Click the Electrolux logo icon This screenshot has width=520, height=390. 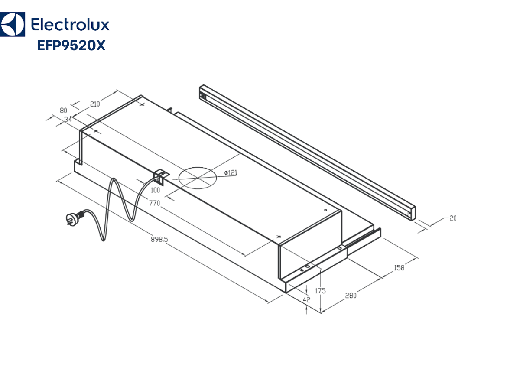[x=12, y=25]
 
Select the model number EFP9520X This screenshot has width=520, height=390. [x=71, y=45]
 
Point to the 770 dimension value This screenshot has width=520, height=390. [x=155, y=203]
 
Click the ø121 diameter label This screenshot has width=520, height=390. [x=231, y=173]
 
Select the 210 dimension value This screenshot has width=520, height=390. [x=95, y=104]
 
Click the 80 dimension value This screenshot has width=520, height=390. [x=64, y=110]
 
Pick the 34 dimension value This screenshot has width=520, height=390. [x=68, y=119]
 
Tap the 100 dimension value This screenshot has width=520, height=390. [x=155, y=190]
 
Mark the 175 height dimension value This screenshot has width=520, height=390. [x=320, y=291]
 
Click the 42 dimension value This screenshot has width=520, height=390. [x=306, y=299]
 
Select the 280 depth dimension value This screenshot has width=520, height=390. [x=351, y=296]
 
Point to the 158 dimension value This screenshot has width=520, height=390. [x=399, y=268]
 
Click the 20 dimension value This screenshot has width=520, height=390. [x=452, y=218]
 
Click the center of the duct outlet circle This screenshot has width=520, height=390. [x=197, y=178]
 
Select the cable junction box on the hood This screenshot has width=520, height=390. [x=161, y=175]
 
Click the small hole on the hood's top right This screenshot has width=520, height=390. [x=325, y=211]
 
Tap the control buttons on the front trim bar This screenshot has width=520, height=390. [x=203, y=96]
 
